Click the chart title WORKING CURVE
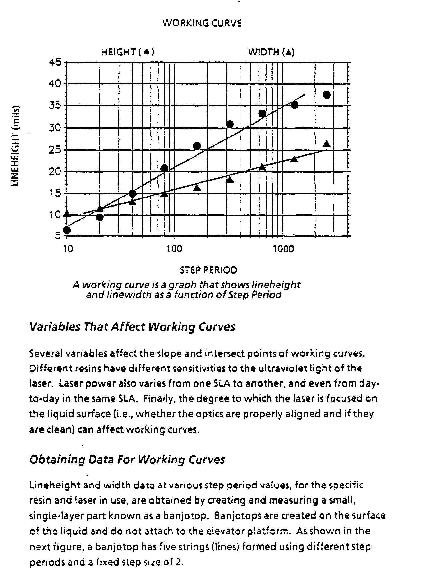coord(202,23)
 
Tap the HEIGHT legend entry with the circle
coord(128,52)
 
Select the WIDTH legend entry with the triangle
coord(271,52)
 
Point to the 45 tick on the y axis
coord(55,62)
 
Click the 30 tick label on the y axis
coord(55,128)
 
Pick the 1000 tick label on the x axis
coord(283,249)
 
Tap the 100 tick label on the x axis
coord(174,249)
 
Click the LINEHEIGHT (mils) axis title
coord(16,146)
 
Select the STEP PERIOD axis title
coord(208,270)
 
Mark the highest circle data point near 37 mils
coord(326,95)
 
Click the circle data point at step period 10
coord(67,230)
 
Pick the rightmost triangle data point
coord(327,144)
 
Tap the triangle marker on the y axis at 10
coord(67,213)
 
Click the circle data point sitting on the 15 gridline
coord(132,194)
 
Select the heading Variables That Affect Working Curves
coord(132,327)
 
